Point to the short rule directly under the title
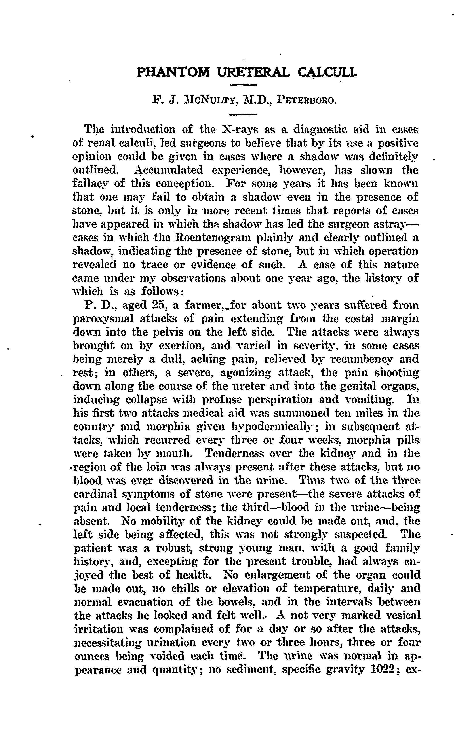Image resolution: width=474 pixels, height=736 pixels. tap(243, 85)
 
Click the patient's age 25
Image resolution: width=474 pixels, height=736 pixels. tap(160, 305)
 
